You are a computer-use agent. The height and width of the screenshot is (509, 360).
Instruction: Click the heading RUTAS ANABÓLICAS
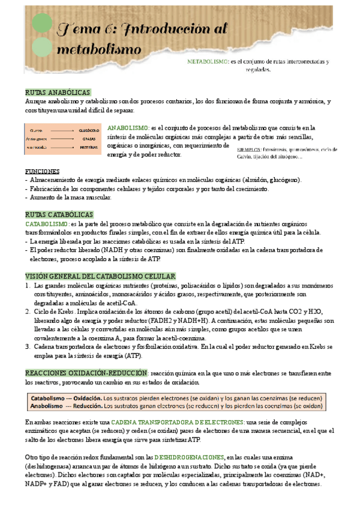tap(58, 92)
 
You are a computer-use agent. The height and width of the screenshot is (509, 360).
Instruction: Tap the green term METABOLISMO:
tap(208, 62)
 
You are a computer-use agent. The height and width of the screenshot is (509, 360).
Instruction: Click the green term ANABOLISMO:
tap(128, 128)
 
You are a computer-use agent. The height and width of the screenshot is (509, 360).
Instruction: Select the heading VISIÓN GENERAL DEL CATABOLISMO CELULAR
tap(100, 276)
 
